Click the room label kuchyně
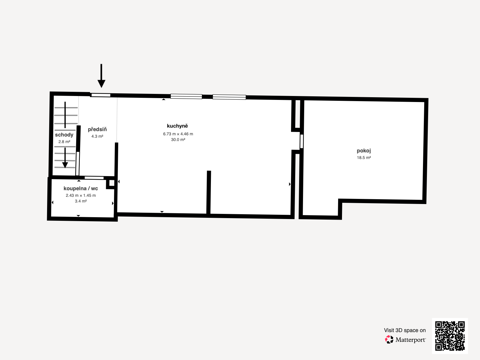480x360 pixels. [x=177, y=126]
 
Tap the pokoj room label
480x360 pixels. [x=364, y=151]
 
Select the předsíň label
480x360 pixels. [x=97, y=129]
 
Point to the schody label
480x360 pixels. [x=64, y=135]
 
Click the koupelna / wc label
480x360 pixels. [x=81, y=188]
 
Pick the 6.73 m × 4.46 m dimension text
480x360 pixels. [x=178, y=134]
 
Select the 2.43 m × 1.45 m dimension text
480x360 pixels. [x=81, y=195]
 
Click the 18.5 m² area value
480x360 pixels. [x=364, y=157]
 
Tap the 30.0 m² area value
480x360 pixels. [x=178, y=140]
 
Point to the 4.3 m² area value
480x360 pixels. [x=97, y=136]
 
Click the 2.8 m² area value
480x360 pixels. [x=64, y=142]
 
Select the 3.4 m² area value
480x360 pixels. [x=81, y=201]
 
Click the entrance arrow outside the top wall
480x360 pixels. [x=101, y=76]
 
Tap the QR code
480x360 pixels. [x=450, y=336]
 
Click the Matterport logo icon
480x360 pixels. [x=389, y=339]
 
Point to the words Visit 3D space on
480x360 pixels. [x=405, y=330]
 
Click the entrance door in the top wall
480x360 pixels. [x=101, y=95]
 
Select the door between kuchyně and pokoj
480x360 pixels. [x=301, y=141]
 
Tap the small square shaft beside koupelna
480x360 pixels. [x=112, y=183]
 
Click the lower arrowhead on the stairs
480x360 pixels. [x=65, y=165]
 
